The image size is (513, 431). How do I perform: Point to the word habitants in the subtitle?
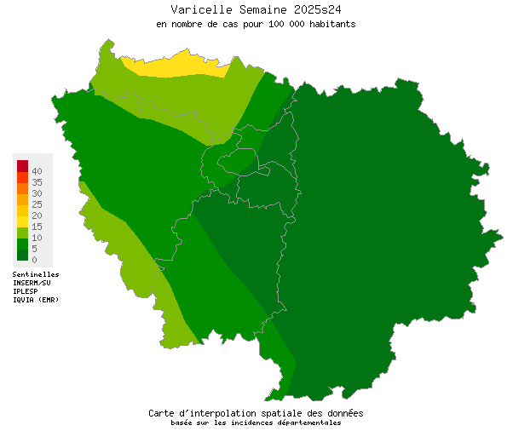click(329, 24)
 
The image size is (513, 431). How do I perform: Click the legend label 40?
click(37, 171)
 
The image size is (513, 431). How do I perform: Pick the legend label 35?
click(37, 182)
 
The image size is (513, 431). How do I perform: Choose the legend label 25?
click(37, 204)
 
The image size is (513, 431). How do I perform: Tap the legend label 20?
click(37, 215)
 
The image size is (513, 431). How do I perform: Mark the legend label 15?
click(37, 227)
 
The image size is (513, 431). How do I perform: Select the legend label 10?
click(37, 238)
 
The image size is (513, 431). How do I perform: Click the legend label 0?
click(34, 259)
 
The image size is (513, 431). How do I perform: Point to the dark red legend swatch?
click(23, 165)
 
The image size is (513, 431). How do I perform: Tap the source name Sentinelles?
click(36, 275)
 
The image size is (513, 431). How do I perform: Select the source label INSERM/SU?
click(32, 283)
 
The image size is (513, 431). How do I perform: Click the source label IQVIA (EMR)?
click(36, 300)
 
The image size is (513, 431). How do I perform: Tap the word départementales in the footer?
click(304, 422)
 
